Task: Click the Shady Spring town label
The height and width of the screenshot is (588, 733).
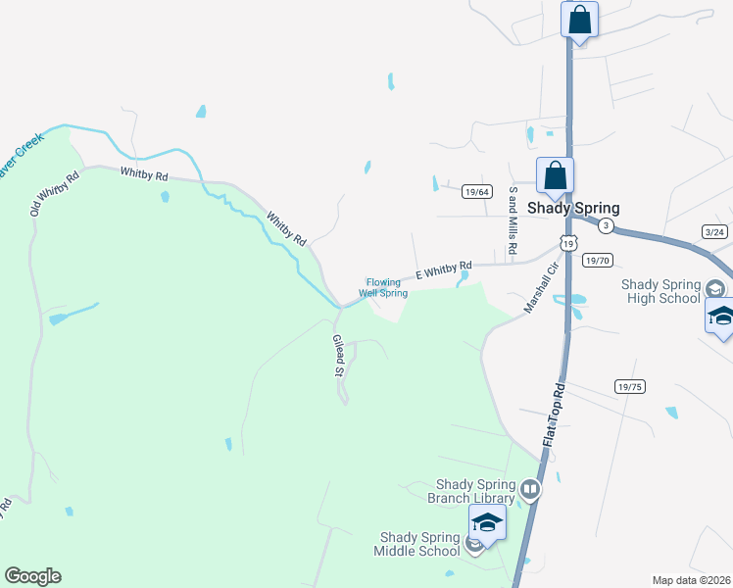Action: point(573,208)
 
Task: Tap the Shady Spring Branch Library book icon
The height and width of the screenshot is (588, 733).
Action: point(530,488)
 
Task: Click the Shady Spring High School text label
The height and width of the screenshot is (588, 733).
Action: point(661,291)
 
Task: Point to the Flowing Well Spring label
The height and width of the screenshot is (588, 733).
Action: point(383,287)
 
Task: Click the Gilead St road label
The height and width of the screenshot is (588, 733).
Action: point(338,355)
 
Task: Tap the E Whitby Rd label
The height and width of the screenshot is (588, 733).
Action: point(444,270)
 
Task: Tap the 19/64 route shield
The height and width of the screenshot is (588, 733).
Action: point(477,192)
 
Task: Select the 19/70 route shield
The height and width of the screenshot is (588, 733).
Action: point(597,261)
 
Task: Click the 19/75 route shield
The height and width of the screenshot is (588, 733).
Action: point(630,387)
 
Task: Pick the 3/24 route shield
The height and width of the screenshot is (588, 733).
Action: point(715,231)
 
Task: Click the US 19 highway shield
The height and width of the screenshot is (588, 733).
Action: point(567,241)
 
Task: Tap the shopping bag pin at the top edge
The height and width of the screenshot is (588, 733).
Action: point(579,20)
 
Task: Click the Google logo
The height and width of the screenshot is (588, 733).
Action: point(32,576)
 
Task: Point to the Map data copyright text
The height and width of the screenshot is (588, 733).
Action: point(691,580)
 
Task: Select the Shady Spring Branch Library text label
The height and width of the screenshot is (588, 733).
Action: point(475,491)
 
